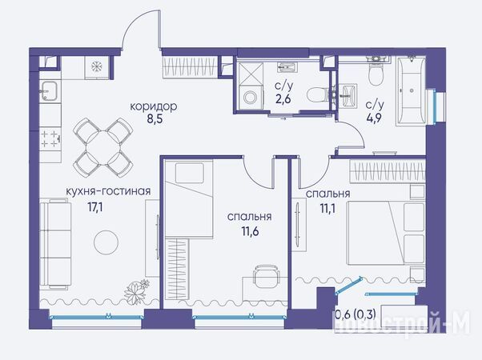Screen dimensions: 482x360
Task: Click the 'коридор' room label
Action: (154, 106)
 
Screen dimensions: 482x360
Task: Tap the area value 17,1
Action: (95, 207)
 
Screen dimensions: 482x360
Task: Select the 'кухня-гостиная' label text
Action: (108, 191)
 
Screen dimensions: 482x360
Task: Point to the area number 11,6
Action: (250, 231)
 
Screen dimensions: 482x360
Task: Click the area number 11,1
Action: (327, 209)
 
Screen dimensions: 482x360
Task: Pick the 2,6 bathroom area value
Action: (283, 99)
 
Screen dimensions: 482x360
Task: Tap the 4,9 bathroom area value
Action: (374, 118)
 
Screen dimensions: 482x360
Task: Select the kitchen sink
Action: (49, 91)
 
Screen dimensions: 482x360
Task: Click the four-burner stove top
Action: (50, 139)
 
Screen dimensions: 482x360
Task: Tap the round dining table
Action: (103, 147)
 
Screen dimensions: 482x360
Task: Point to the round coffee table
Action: (106, 242)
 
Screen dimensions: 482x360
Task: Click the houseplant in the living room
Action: (136, 291)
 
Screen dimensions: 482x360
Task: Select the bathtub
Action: (411, 90)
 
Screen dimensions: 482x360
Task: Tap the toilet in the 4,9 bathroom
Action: (376, 71)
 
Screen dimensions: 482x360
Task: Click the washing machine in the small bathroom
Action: (251, 98)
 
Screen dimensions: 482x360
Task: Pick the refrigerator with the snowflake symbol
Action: (97, 67)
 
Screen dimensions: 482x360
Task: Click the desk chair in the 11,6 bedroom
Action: (266, 276)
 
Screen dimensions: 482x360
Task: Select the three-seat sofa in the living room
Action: (55, 243)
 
